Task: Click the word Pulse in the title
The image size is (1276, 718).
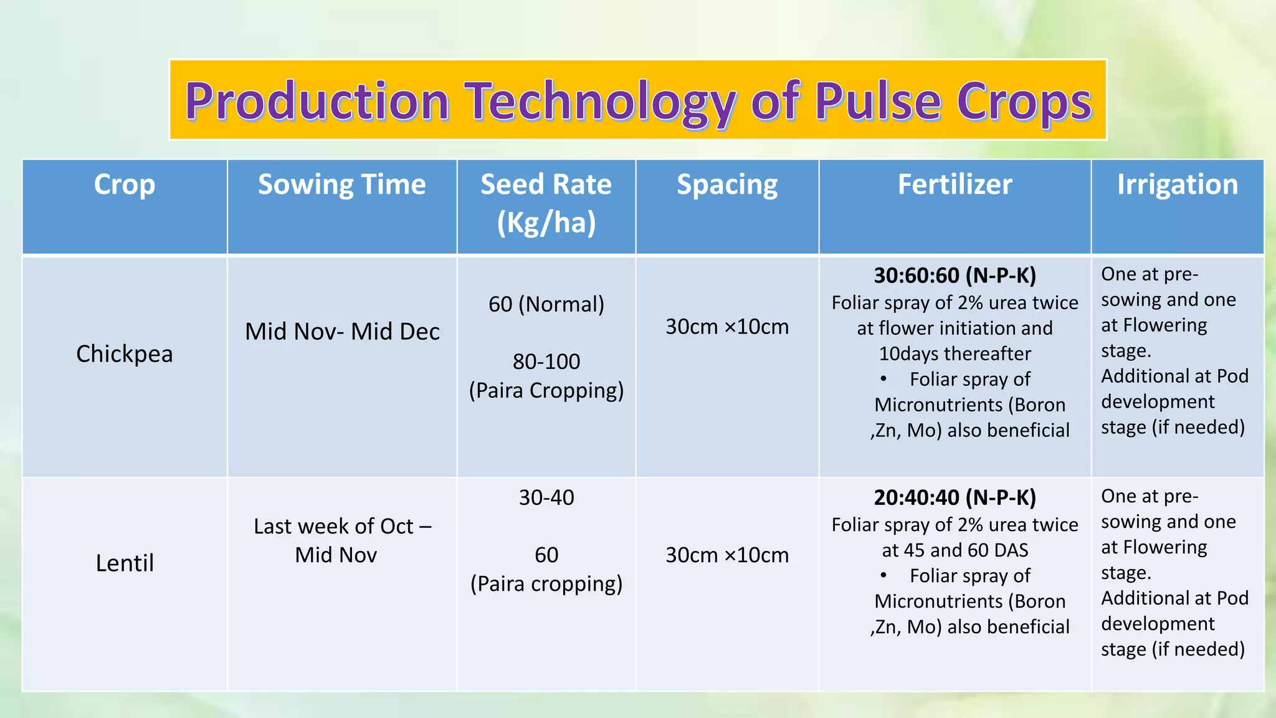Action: [x=878, y=101]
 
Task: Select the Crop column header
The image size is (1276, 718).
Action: [x=125, y=184]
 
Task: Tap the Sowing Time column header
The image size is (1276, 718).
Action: [x=341, y=184]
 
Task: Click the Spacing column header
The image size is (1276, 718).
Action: [x=727, y=184]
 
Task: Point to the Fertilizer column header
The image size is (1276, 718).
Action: [x=955, y=184]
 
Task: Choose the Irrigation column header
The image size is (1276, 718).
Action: [x=1177, y=184]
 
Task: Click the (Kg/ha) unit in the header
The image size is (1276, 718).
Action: [x=546, y=223]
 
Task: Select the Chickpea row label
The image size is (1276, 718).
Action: [x=125, y=353]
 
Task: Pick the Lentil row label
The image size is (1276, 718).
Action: [x=125, y=563]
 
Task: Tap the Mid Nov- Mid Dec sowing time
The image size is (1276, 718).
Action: [x=342, y=332]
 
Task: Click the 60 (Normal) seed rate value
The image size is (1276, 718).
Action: [x=546, y=304]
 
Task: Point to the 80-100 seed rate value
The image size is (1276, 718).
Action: [x=546, y=361]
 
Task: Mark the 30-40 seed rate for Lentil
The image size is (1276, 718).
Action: [x=546, y=497]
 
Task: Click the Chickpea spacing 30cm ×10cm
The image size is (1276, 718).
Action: [x=727, y=327]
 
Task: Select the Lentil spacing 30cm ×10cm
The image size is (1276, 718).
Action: [x=727, y=555]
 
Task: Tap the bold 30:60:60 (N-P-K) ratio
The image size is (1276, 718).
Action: [x=955, y=275]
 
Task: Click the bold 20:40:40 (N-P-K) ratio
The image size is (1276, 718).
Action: [x=955, y=497]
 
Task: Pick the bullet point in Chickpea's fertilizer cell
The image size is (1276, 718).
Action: [x=883, y=379]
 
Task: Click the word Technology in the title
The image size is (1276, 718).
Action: [x=603, y=101]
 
